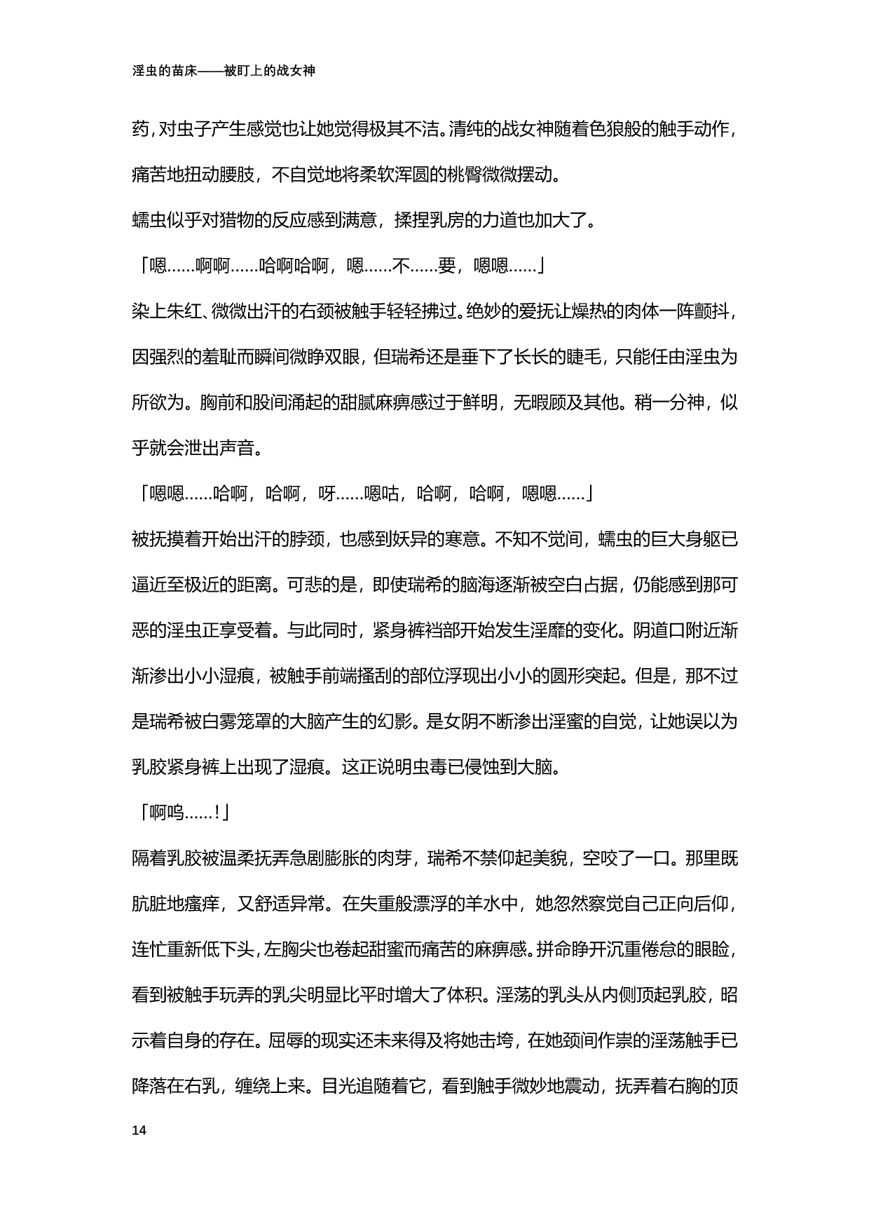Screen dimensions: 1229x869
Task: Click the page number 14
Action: tap(139, 1130)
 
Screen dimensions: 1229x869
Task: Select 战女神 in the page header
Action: tap(292, 71)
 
